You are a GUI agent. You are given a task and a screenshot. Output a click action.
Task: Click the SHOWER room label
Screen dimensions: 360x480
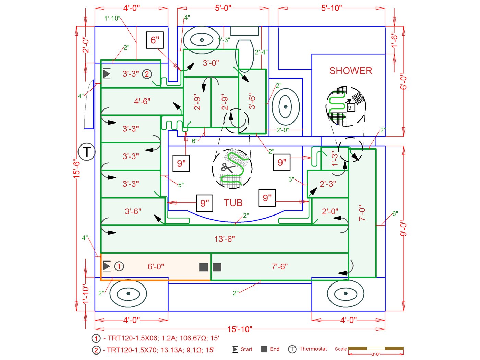pos(350,71)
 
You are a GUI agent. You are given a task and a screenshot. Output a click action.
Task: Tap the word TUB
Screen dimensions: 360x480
pos(233,203)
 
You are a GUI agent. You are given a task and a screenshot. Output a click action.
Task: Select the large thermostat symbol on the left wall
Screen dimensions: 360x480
pos(86,152)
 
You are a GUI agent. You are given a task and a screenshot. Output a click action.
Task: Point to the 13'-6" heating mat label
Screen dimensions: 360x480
pos(225,239)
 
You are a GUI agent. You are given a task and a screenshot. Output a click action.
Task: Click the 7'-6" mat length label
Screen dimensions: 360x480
pos(279,267)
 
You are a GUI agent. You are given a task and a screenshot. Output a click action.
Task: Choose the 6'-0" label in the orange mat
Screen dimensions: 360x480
pos(156,267)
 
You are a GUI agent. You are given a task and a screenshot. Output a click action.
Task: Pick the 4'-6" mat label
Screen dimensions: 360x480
pos(142,101)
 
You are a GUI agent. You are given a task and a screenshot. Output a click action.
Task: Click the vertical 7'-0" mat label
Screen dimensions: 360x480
pos(362,213)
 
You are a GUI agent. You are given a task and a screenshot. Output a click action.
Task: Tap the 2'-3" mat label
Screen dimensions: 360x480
pos(328,184)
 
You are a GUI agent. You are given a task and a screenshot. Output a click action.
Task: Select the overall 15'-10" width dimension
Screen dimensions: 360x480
pos(240,329)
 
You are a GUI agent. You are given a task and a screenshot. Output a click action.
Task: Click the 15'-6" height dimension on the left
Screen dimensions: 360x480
pos(77,168)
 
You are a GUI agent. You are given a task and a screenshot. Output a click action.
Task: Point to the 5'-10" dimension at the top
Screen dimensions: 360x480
pos(332,8)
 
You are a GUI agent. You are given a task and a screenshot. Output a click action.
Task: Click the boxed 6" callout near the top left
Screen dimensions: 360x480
pos(155,40)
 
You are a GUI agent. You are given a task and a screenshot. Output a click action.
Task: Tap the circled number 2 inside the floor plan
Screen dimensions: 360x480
pos(147,74)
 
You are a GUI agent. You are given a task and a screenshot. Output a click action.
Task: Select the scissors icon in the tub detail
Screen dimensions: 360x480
pos(227,167)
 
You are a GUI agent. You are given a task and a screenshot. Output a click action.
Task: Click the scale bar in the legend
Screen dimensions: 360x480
pos(376,349)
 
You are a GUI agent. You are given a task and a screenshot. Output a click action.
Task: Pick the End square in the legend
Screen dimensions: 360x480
pos(264,349)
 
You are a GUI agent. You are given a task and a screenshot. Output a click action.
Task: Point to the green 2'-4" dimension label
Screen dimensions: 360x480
pos(261,52)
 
